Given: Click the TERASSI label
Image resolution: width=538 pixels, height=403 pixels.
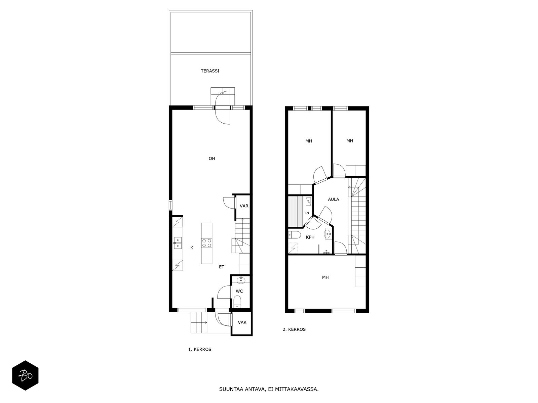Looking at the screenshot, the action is [x=210, y=71].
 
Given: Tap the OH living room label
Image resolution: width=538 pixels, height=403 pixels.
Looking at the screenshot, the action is [x=212, y=159].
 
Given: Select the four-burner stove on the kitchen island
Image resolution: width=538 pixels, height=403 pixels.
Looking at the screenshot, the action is [x=206, y=243].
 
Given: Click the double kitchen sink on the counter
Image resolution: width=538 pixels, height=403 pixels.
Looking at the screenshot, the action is [x=178, y=243].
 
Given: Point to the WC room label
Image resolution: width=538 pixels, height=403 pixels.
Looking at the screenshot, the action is [x=239, y=291].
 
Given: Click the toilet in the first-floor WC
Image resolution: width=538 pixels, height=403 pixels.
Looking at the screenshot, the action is [x=237, y=302].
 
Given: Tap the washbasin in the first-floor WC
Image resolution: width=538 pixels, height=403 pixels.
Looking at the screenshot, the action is [x=241, y=280].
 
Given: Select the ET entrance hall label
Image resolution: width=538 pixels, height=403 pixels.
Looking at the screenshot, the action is [x=222, y=267].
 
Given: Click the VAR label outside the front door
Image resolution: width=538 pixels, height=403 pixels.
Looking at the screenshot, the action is [x=242, y=322].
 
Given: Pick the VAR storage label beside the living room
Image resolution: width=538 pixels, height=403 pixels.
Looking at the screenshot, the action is [x=244, y=206].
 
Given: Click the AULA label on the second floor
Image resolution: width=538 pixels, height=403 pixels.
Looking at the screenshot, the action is [x=333, y=199].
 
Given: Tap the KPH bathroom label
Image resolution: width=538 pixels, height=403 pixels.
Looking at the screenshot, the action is [x=310, y=237].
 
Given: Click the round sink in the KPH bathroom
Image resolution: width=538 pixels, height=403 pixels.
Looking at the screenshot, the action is [x=328, y=234].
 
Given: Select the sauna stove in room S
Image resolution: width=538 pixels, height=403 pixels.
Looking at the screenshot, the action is [x=308, y=201].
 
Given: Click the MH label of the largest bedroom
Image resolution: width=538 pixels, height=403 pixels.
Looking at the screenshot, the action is [x=325, y=277].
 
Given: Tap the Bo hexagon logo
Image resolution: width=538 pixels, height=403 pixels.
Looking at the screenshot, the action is [x=25, y=375].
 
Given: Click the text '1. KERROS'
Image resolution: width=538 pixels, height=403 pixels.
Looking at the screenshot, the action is [x=199, y=349].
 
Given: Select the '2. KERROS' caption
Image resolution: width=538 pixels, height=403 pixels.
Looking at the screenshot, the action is [x=294, y=329].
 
